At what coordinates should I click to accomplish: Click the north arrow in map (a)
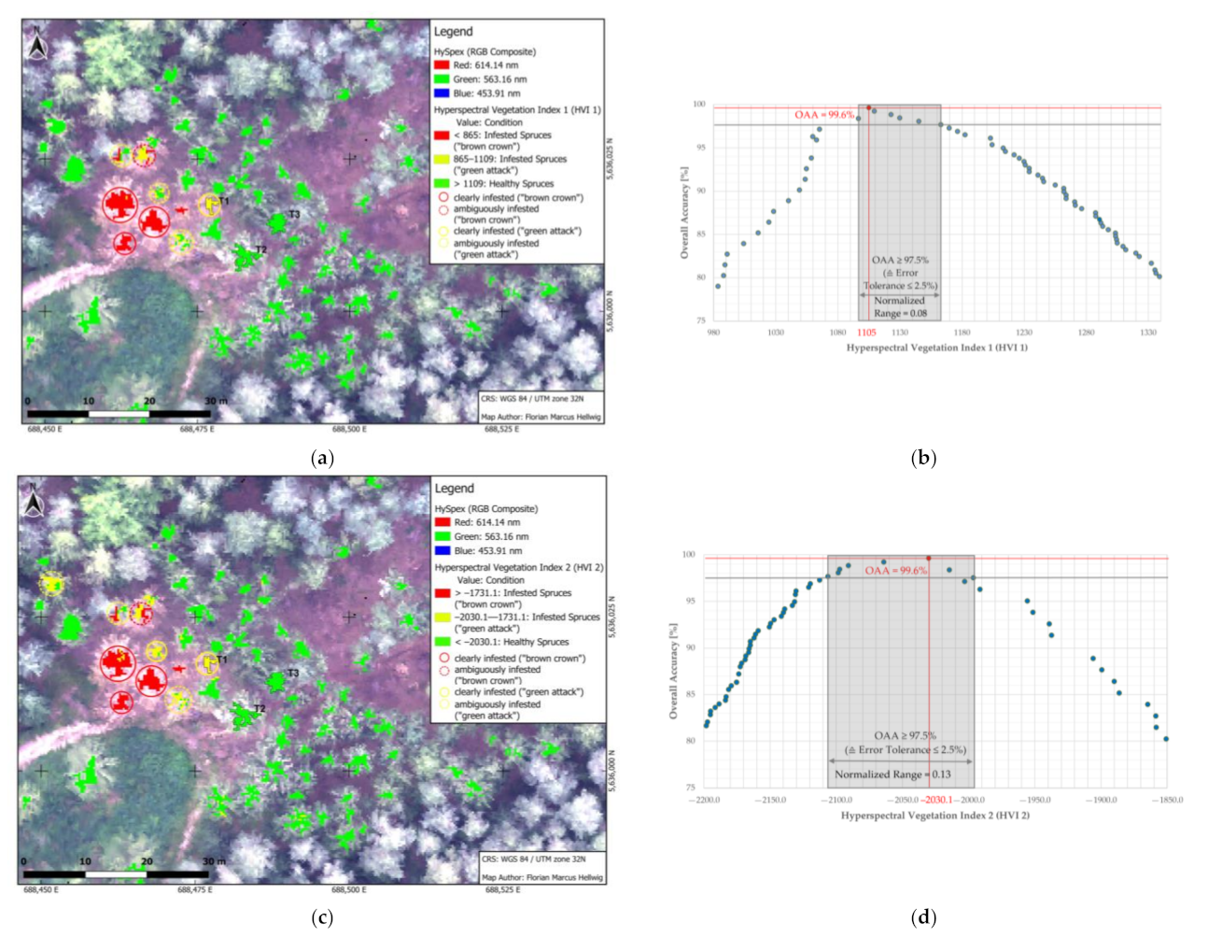pos(37,44)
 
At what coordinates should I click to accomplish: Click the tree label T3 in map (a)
pos(294,215)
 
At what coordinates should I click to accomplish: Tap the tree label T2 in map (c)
pos(260,709)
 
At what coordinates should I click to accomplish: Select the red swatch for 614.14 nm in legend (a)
pos(442,65)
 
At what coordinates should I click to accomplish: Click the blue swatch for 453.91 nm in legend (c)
pos(442,551)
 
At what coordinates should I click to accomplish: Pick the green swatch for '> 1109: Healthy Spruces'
pos(442,184)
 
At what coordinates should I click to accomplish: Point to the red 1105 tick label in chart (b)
pos(866,333)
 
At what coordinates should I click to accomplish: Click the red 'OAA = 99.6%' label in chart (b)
pos(823,115)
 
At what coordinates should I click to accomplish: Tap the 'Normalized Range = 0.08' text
pos(900,307)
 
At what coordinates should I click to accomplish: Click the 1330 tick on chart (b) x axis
pos(1148,333)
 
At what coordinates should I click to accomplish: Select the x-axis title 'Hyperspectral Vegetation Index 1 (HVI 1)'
pos(936,348)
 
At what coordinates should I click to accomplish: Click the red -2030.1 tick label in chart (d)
pos(936,801)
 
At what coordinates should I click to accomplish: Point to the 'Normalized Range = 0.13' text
pos(892,774)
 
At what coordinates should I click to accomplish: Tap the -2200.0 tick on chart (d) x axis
pos(705,801)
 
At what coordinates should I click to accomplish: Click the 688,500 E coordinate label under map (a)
pos(350,430)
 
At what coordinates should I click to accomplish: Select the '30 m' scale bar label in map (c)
pos(214,861)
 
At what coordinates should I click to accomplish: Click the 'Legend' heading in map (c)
pos(454,489)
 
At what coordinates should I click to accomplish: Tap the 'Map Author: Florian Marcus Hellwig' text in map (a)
pos(541,417)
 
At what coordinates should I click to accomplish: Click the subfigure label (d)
pos(923,917)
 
